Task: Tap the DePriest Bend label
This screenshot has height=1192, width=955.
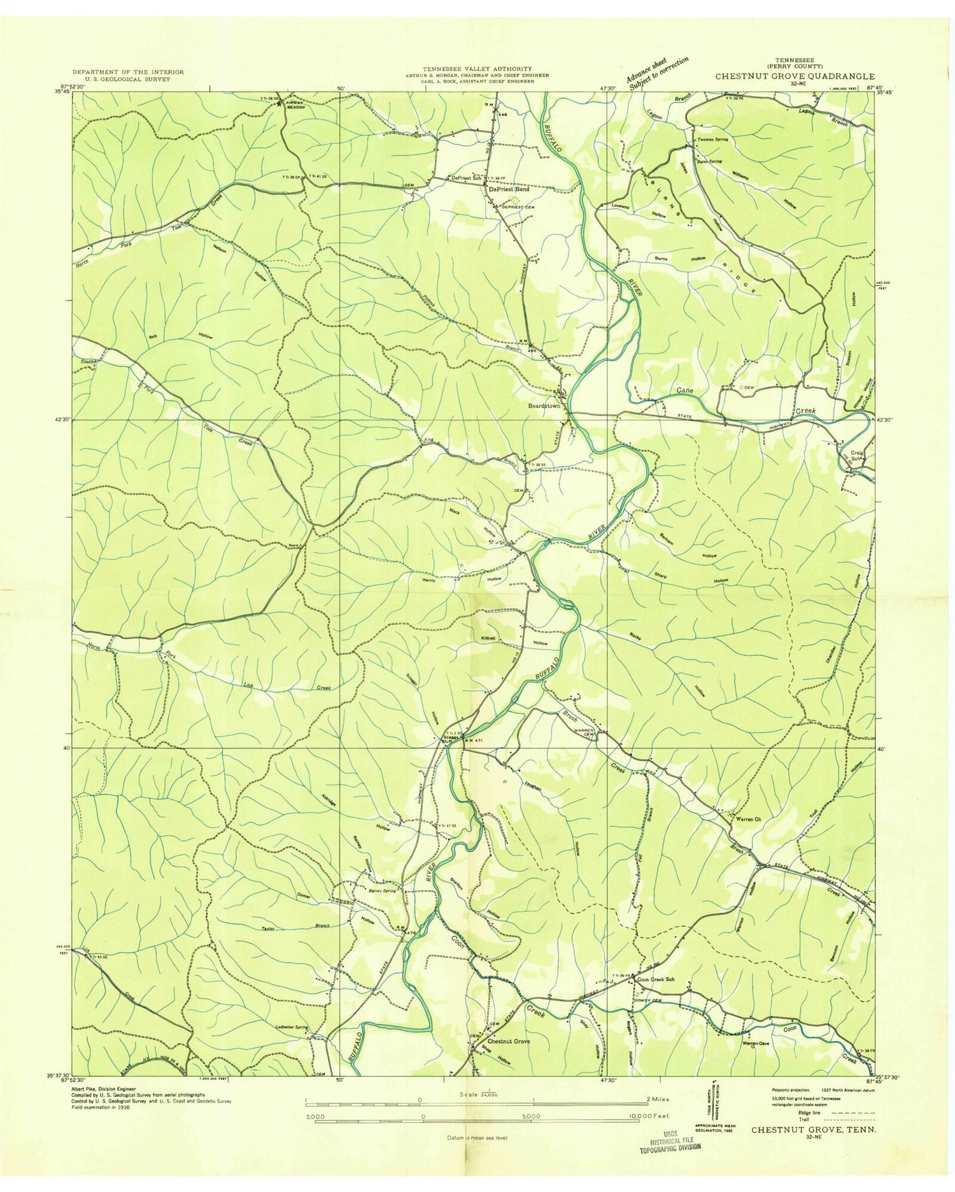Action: [x=508, y=190]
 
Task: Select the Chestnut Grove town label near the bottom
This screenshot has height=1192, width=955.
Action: [x=509, y=1041]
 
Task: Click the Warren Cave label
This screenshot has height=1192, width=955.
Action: [x=756, y=1044]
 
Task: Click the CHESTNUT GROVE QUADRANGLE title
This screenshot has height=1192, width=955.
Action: [x=794, y=76]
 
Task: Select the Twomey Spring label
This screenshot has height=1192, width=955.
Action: [x=713, y=139]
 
